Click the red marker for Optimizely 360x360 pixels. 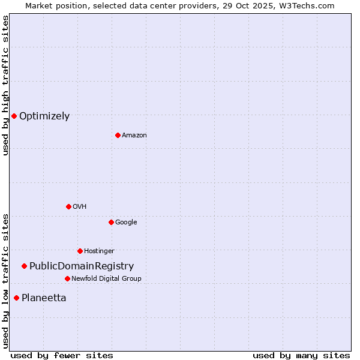14,116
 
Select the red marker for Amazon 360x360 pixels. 118,135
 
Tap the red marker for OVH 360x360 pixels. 68,206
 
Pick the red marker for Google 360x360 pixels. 111,222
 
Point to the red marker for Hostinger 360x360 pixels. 80,251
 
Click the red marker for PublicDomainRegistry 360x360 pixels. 24,266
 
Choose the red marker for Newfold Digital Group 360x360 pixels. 67,278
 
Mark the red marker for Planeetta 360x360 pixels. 16,298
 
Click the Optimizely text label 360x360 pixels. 44,116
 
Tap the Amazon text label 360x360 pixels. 134,136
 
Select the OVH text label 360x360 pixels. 80,207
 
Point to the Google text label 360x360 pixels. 126,223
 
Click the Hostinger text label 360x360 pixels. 99,251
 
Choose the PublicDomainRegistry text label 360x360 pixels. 82,266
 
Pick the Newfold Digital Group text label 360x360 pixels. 106,279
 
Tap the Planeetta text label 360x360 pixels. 44,298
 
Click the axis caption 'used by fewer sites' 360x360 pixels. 62,355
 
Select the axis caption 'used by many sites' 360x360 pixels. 301,355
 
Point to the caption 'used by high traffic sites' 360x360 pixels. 5,85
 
